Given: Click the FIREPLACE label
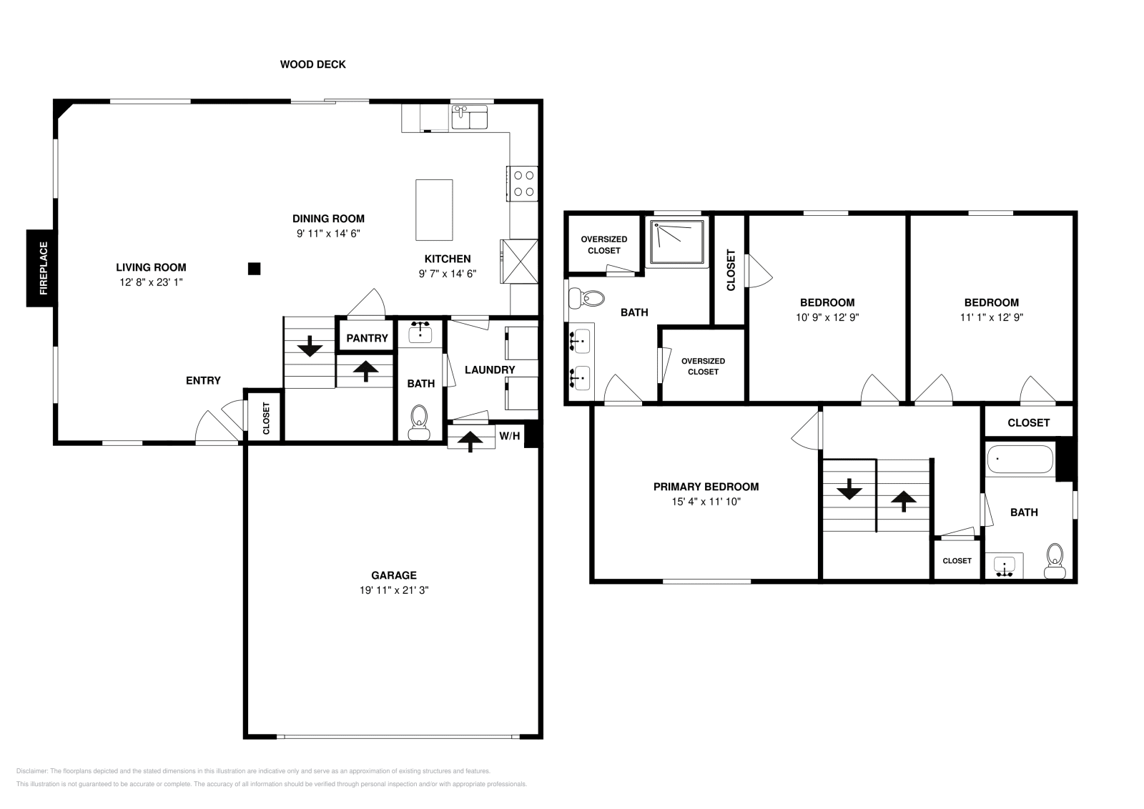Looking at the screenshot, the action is (x=44, y=268).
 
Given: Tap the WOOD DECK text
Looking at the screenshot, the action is (x=312, y=64).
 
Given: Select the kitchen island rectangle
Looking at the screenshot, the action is (x=434, y=210).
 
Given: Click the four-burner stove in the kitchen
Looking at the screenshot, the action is (x=523, y=184).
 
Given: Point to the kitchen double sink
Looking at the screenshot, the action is (x=469, y=117).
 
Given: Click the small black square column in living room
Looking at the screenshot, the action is (x=255, y=269).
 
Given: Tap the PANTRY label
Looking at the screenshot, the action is (x=368, y=338).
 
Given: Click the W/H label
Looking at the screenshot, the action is (x=509, y=435).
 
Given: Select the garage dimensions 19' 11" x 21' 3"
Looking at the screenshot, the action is (x=394, y=590).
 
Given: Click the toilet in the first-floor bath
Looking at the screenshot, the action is (x=419, y=422).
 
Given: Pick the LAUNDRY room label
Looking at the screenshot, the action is (x=490, y=369).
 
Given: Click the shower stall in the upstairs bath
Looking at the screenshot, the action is (x=676, y=242).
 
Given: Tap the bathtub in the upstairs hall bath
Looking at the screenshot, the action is (x=1020, y=460).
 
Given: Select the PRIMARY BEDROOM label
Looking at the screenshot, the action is (x=706, y=487).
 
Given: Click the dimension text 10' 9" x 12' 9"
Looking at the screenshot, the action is (x=827, y=317).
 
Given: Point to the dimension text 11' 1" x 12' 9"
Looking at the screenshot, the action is (x=991, y=317).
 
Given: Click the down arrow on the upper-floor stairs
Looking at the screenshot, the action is (x=849, y=489).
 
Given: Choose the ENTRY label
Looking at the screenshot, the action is (x=203, y=380).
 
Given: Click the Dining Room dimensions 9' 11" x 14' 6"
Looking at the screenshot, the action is (x=328, y=233).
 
